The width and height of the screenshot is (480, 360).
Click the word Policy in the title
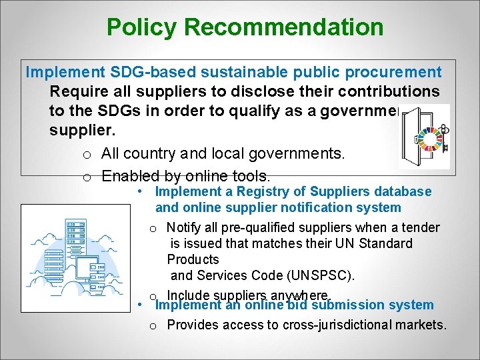click(x=142, y=27)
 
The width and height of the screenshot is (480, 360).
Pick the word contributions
click(x=383, y=91)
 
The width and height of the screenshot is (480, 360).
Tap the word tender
click(x=420, y=228)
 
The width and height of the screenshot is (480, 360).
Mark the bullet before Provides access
click(x=153, y=326)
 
